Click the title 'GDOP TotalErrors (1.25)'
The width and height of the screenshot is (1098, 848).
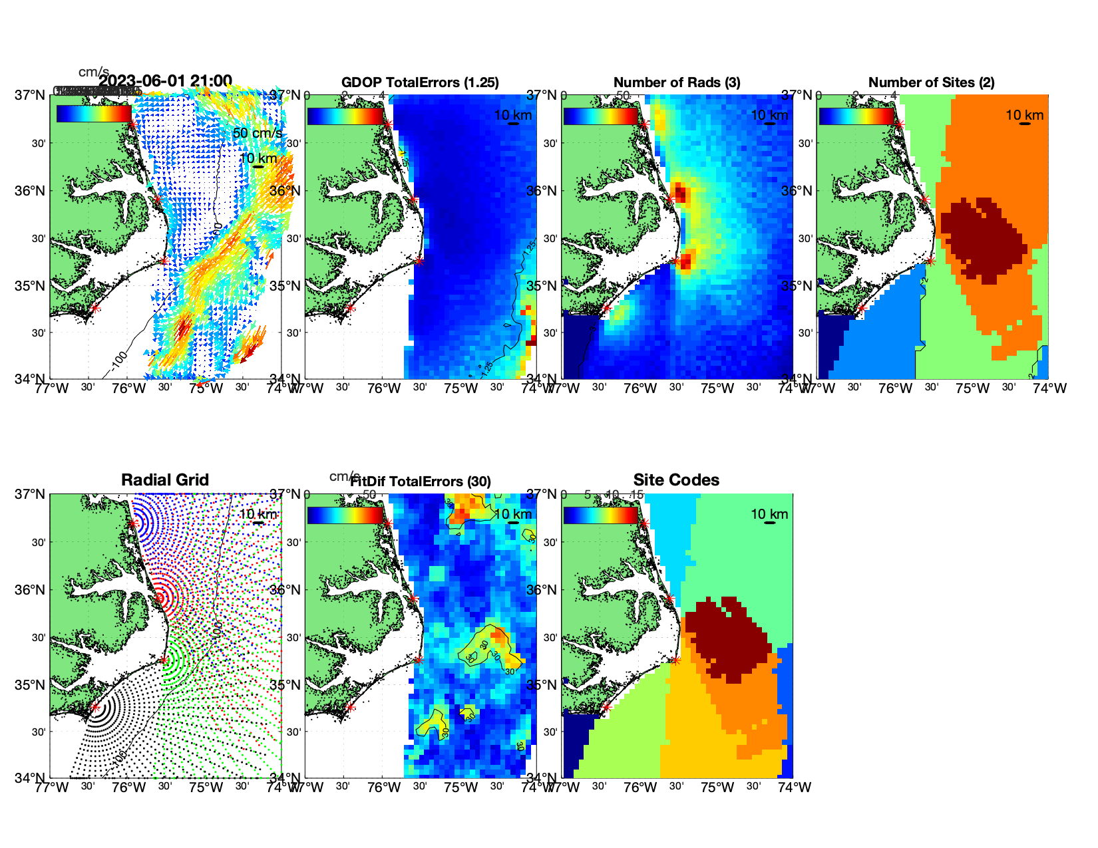pos(420,82)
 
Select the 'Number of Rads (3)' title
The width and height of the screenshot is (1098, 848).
pos(677,82)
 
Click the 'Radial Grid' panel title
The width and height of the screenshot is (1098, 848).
pos(165,480)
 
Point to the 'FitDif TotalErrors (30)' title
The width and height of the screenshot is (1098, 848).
pos(421,482)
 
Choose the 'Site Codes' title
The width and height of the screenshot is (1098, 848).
pos(676,480)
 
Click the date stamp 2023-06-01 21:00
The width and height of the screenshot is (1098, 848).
pos(165,81)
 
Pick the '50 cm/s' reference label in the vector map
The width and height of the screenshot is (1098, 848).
pos(257,133)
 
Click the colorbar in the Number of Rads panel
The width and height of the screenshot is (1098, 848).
pos(600,115)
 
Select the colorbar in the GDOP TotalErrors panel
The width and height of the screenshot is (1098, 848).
pos(345,115)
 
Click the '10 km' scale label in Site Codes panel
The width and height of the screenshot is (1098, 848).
pos(769,514)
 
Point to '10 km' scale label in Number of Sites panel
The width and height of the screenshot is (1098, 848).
pos(1024,115)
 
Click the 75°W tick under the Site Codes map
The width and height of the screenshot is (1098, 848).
pos(717,787)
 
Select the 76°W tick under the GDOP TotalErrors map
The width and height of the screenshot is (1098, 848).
pos(384,388)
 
